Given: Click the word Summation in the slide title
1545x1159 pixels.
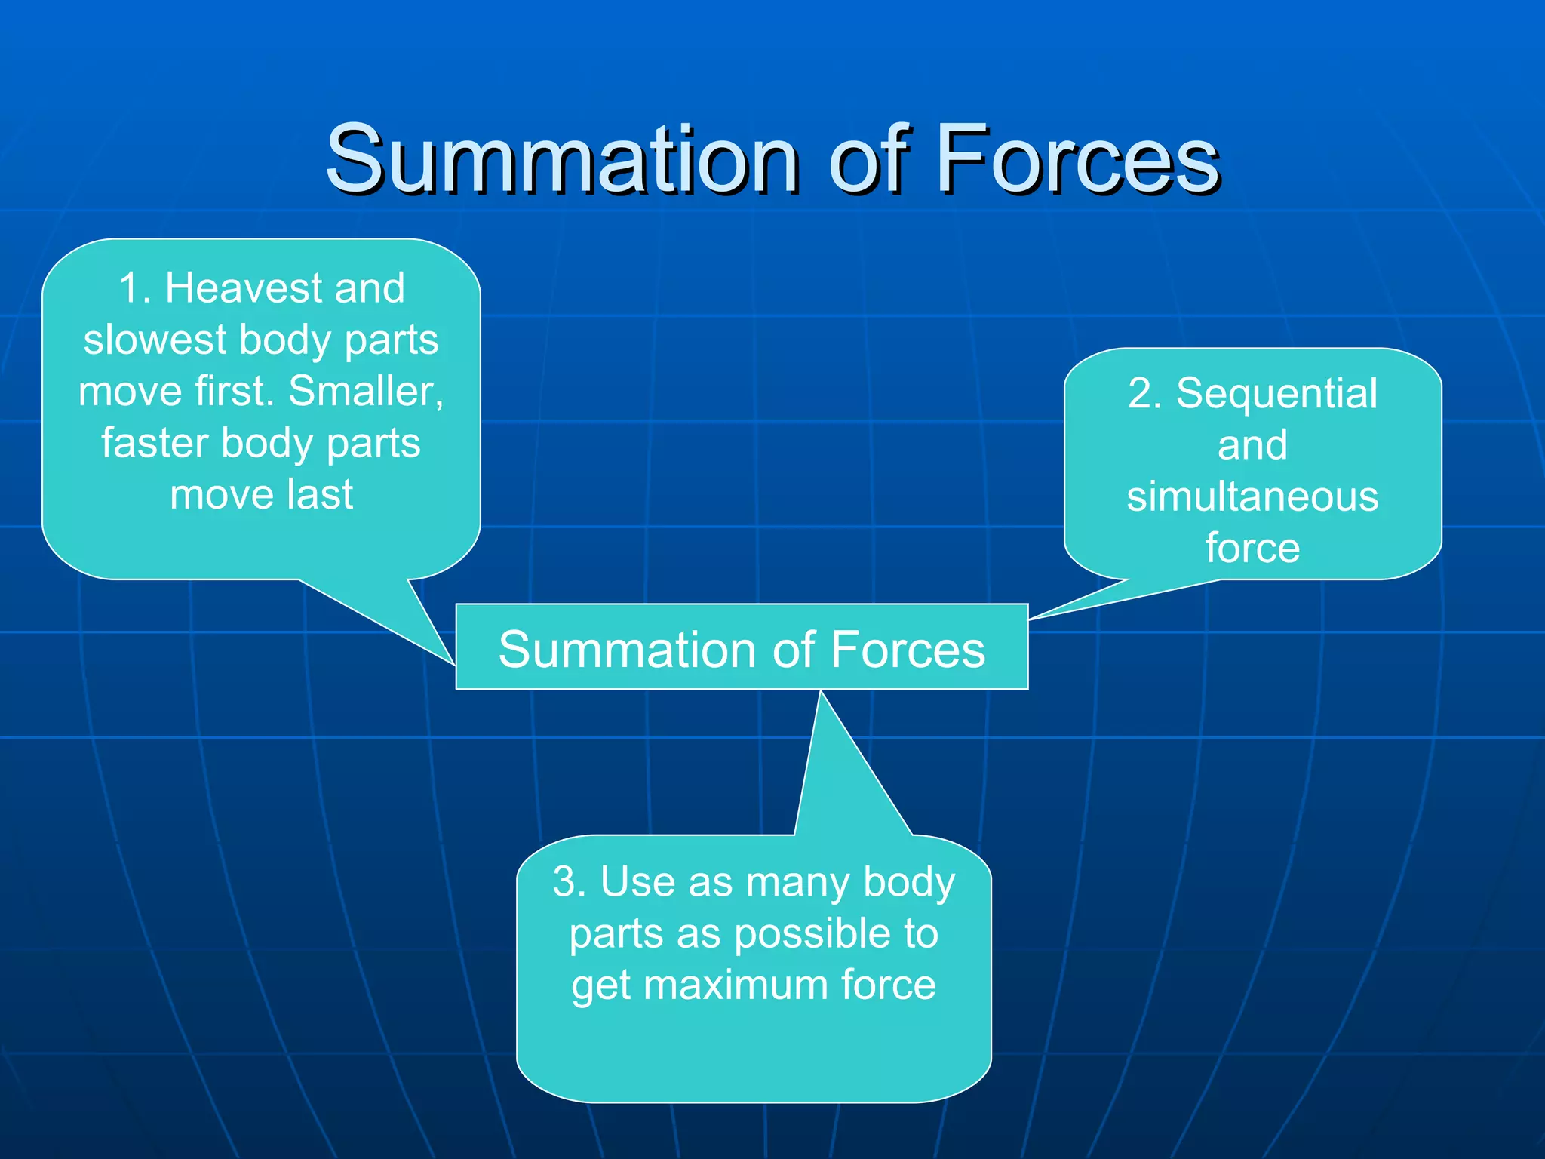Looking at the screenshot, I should [x=561, y=160].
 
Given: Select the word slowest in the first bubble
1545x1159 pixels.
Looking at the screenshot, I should [x=155, y=340].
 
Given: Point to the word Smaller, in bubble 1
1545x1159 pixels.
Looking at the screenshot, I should [x=366, y=392].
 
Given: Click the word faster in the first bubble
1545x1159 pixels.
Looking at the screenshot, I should [x=155, y=443].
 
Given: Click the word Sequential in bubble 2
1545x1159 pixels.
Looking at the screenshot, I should [x=1276, y=393].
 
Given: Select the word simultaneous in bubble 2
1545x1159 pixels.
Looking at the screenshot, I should [x=1252, y=496].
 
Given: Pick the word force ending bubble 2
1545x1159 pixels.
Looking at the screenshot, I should [x=1252, y=548].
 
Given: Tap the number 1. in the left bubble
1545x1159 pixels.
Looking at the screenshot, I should [x=135, y=288].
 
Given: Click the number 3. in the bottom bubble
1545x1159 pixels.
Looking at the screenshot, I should [x=569, y=881].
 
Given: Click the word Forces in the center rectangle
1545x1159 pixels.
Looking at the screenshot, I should [x=908, y=650].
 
